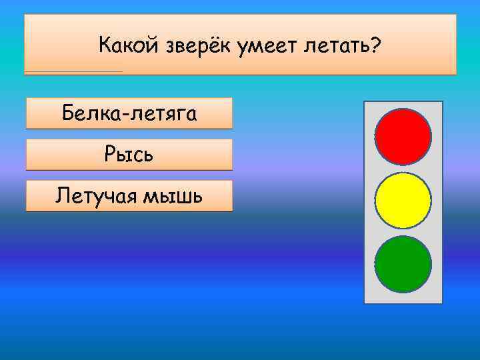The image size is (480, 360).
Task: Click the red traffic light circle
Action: pyautogui.click(x=403, y=137)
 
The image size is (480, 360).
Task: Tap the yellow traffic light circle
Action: pyautogui.click(x=403, y=200)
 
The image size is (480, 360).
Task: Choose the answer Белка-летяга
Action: pyautogui.click(x=129, y=113)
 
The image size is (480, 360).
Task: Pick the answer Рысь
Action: pyautogui.click(x=129, y=155)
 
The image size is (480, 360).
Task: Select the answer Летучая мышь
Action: pyautogui.click(x=129, y=196)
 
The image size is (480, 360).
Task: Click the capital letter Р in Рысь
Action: pyautogui.click(x=110, y=155)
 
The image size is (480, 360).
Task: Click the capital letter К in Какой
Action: pyautogui.click(x=105, y=47)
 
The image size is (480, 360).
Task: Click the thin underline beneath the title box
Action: pyautogui.click(x=73, y=71)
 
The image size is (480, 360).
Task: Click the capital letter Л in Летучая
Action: pyautogui.click(x=63, y=196)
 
